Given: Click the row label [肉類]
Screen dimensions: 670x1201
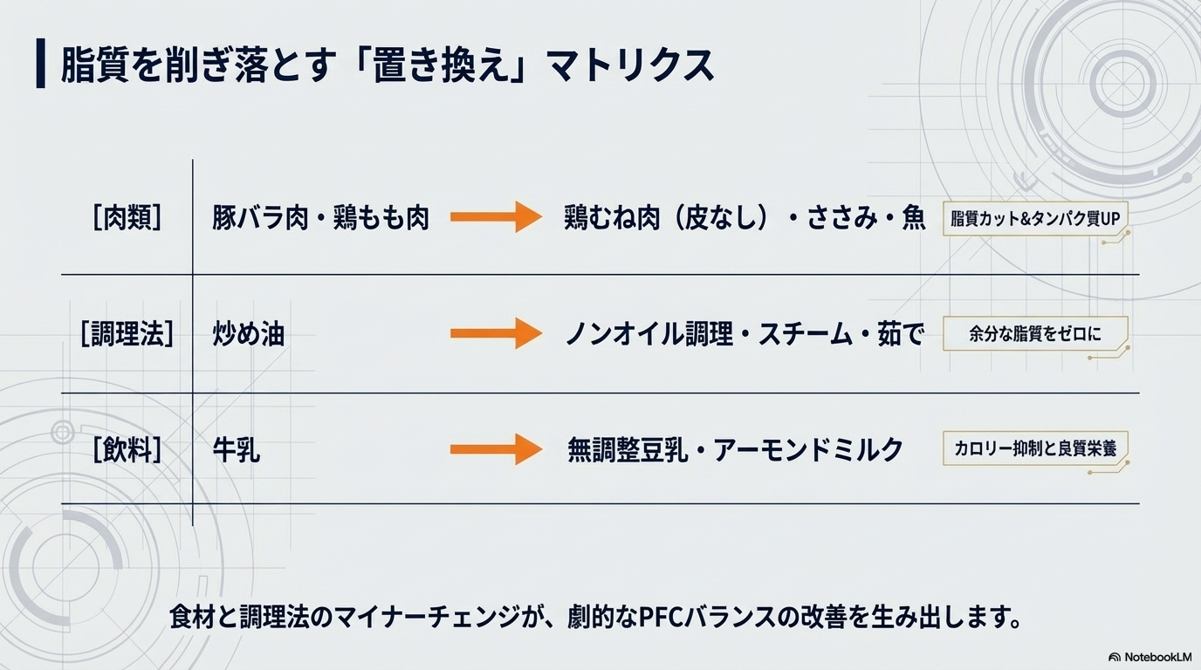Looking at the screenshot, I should tap(127, 217).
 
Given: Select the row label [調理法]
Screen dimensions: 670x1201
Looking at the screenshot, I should tap(127, 334).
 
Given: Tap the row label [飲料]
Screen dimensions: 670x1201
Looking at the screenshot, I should tap(127, 450).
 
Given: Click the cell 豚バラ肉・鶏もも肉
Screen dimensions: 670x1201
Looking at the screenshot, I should tap(320, 217).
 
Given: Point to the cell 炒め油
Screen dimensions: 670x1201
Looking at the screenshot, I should tap(249, 334).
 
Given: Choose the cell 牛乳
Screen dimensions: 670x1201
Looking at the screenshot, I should tap(237, 450).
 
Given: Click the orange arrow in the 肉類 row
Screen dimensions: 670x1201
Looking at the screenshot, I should tap(496, 216).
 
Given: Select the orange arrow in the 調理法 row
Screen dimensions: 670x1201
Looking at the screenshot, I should tap(496, 333).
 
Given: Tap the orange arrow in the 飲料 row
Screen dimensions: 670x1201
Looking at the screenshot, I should tap(496, 449).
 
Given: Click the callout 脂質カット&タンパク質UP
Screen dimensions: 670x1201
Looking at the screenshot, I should tap(1034, 218).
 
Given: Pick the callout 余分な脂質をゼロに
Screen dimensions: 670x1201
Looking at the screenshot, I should tap(1034, 333).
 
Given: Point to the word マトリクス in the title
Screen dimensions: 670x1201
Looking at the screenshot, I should tap(629, 65).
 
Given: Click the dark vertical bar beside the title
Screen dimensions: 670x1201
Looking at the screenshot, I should tap(40, 64).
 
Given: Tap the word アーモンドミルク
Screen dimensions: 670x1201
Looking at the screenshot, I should tap(808, 450).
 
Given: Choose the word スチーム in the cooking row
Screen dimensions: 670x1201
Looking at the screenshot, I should tap(804, 334).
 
